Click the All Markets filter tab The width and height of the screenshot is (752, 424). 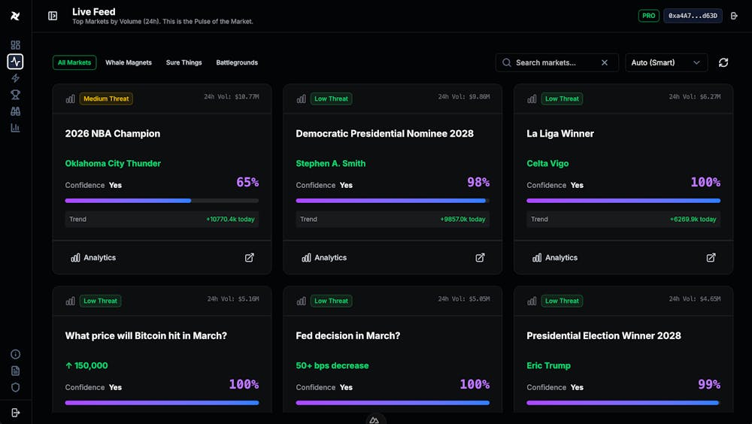[x=74, y=62]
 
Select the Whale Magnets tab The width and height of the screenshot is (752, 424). [x=129, y=62]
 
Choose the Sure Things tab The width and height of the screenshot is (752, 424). [x=184, y=62]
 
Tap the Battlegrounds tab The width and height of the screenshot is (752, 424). [x=237, y=62]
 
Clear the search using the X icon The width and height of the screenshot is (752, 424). [x=605, y=62]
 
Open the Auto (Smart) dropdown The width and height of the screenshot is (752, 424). [x=666, y=62]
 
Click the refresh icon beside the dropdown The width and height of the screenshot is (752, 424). [x=723, y=62]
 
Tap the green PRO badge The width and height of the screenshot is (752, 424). [x=648, y=16]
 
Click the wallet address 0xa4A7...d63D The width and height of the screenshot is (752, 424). [x=693, y=16]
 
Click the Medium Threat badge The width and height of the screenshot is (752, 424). [x=106, y=98]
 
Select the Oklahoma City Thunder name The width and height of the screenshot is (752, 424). [x=113, y=163]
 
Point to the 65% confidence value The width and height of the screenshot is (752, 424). [x=247, y=182]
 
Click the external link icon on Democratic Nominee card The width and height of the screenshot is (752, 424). [x=480, y=257]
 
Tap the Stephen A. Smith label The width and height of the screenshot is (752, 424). [x=331, y=163]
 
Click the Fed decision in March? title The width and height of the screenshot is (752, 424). [x=348, y=335]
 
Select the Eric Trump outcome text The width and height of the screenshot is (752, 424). [x=548, y=365]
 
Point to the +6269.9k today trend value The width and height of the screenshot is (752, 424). [x=693, y=220]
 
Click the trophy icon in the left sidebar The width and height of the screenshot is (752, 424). [x=15, y=95]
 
